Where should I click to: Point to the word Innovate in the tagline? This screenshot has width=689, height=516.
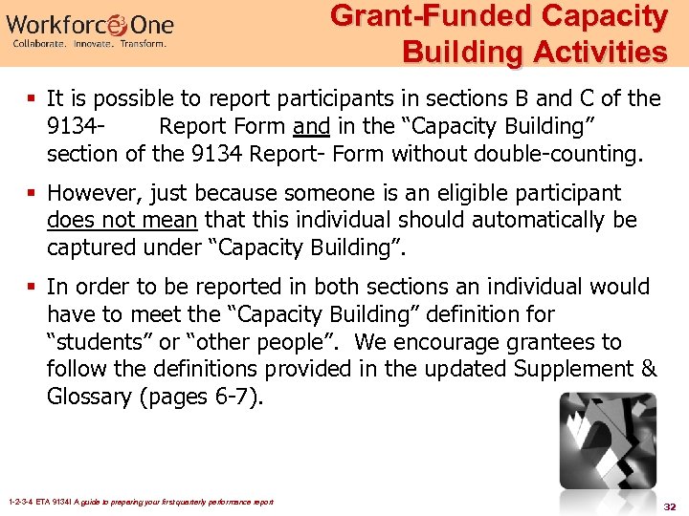100,44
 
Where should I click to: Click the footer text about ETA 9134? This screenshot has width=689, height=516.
140,502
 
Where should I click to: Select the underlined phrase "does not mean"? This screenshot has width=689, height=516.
122,221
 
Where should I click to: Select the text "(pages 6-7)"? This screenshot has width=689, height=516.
201,397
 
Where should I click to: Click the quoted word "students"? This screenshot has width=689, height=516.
95,342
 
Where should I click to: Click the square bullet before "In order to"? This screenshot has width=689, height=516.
34,287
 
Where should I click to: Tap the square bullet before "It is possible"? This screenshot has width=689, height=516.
34,98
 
